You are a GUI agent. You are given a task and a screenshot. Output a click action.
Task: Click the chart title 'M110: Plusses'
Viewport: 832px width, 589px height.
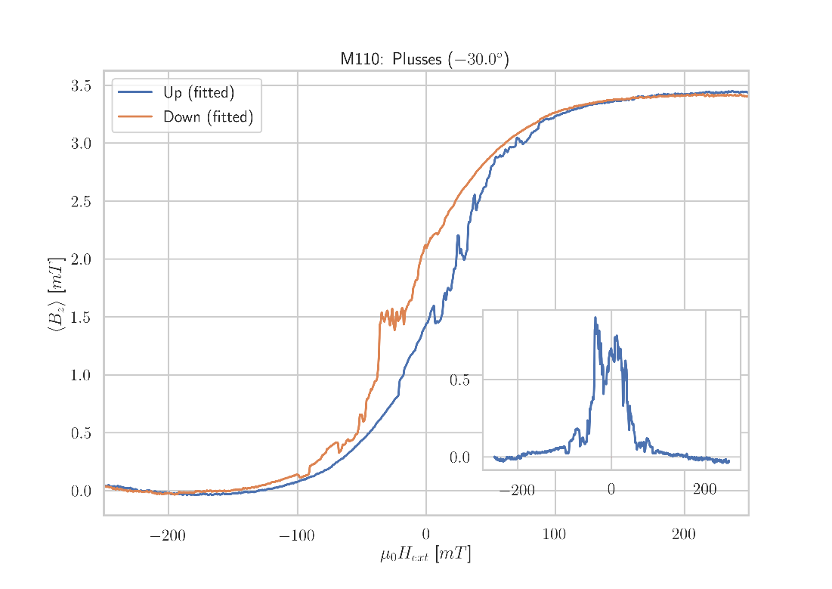pyautogui.click(x=424, y=60)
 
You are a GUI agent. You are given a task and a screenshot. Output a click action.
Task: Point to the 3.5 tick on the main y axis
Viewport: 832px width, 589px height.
pyautogui.click(x=82, y=85)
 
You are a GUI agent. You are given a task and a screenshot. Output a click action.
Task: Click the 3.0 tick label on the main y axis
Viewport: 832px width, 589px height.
pyautogui.click(x=82, y=144)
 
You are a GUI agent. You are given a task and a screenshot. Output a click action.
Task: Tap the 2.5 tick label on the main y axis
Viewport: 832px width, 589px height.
pyautogui.click(x=82, y=201)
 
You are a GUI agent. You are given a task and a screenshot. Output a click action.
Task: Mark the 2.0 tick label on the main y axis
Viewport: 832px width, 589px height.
pyautogui.click(x=82, y=259)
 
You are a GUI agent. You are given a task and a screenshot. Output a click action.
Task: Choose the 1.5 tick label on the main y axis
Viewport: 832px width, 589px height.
pyautogui.click(x=82, y=317)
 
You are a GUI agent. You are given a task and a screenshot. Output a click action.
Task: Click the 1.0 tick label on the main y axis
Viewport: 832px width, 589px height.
pyautogui.click(x=82, y=375)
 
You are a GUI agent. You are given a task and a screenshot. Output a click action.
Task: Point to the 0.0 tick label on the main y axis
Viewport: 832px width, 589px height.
pyautogui.click(x=82, y=491)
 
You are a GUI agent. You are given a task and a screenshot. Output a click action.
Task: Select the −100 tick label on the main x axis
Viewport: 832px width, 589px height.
pyautogui.click(x=296, y=537)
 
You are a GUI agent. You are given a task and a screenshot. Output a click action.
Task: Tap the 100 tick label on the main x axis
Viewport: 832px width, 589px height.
pyautogui.click(x=555, y=537)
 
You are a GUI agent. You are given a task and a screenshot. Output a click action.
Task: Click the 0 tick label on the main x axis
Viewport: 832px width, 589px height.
pyautogui.click(x=426, y=537)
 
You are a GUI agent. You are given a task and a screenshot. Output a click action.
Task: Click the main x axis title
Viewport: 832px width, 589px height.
pyautogui.click(x=425, y=555)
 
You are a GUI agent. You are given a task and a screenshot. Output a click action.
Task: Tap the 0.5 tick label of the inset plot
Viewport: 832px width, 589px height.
pyautogui.click(x=459, y=380)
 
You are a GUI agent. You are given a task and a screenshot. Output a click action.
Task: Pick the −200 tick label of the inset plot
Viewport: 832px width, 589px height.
pyautogui.click(x=517, y=491)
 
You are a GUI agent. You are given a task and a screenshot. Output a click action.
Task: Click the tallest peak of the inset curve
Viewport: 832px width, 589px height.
pyautogui.click(x=595, y=318)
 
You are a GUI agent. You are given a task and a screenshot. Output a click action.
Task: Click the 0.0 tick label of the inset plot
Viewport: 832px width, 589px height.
pyautogui.click(x=459, y=457)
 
